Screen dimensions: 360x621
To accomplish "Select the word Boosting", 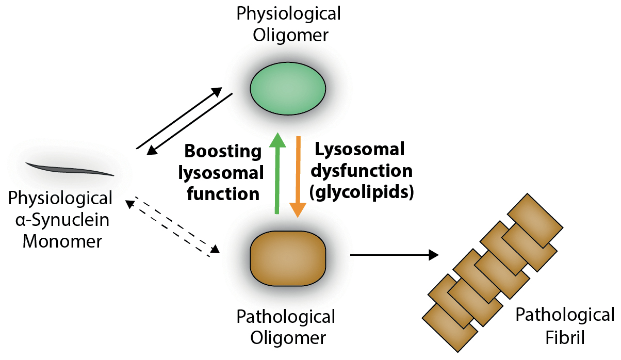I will click(x=223, y=152).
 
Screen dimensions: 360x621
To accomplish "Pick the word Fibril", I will click(x=565, y=338).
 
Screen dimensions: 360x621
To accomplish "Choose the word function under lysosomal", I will click(x=223, y=194).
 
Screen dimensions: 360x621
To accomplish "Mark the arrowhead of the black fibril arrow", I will click(x=433, y=254).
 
